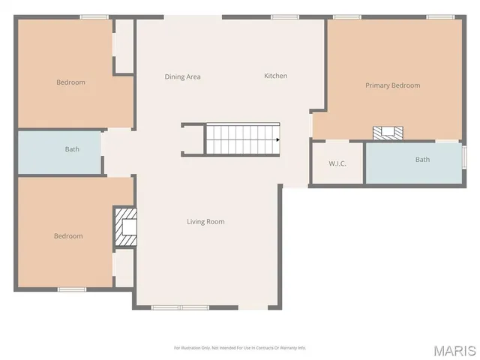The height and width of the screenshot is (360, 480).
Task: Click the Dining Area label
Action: pos(182,76)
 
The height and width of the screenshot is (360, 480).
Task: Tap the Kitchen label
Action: pos(275,76)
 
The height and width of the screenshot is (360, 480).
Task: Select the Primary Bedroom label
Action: pos(392,85)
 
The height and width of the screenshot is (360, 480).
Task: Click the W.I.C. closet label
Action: pos(337,163)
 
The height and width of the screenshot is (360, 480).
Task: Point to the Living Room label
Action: pos(205,221)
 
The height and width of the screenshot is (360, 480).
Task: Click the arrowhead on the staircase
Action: pos(277,139)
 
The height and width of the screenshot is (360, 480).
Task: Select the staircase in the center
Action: pos(242,139)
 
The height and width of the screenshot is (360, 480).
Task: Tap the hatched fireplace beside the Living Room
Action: pos(125,227)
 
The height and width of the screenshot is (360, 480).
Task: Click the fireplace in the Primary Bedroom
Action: pos(388,133)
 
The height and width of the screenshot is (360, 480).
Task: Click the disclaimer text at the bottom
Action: pos(240,347)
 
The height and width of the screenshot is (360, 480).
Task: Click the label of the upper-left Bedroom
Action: pos(70,82)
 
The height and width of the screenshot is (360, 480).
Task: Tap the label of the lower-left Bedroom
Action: pos(67,236)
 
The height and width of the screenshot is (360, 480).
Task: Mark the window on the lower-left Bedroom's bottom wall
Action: pos(72,289)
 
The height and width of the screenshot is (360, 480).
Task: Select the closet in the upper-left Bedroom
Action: pos(124,46)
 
